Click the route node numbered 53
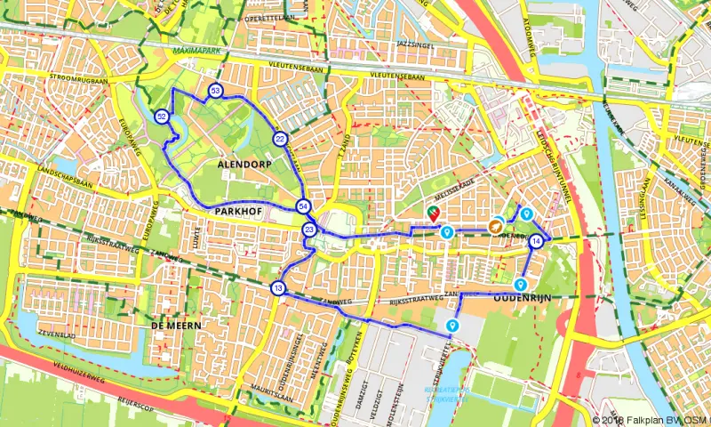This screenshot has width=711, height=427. coord(216,92)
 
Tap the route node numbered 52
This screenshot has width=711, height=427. coord(161,117)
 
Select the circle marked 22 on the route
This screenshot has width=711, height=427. coord(280,139)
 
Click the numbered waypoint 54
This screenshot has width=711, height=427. coord(304,206)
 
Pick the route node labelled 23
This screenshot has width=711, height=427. coord(309,230)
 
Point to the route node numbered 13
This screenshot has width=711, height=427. coord(278,288)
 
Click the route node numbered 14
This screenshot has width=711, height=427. coord(536,241)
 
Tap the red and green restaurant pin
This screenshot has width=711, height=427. coord(433,213)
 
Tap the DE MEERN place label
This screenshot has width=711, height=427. coord(176,326)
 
